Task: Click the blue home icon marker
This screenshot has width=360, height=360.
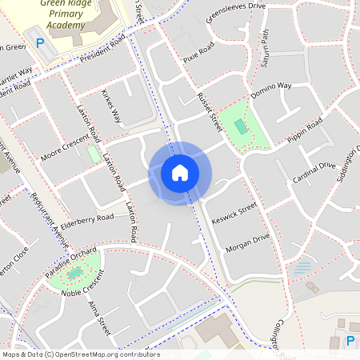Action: (180, 173)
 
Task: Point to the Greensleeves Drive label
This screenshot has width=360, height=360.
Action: (235, 11)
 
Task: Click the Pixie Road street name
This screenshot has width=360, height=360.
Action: (198, 54)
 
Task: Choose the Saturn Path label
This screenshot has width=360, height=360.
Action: (265, 48)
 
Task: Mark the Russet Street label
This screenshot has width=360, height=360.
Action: (209, 112)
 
